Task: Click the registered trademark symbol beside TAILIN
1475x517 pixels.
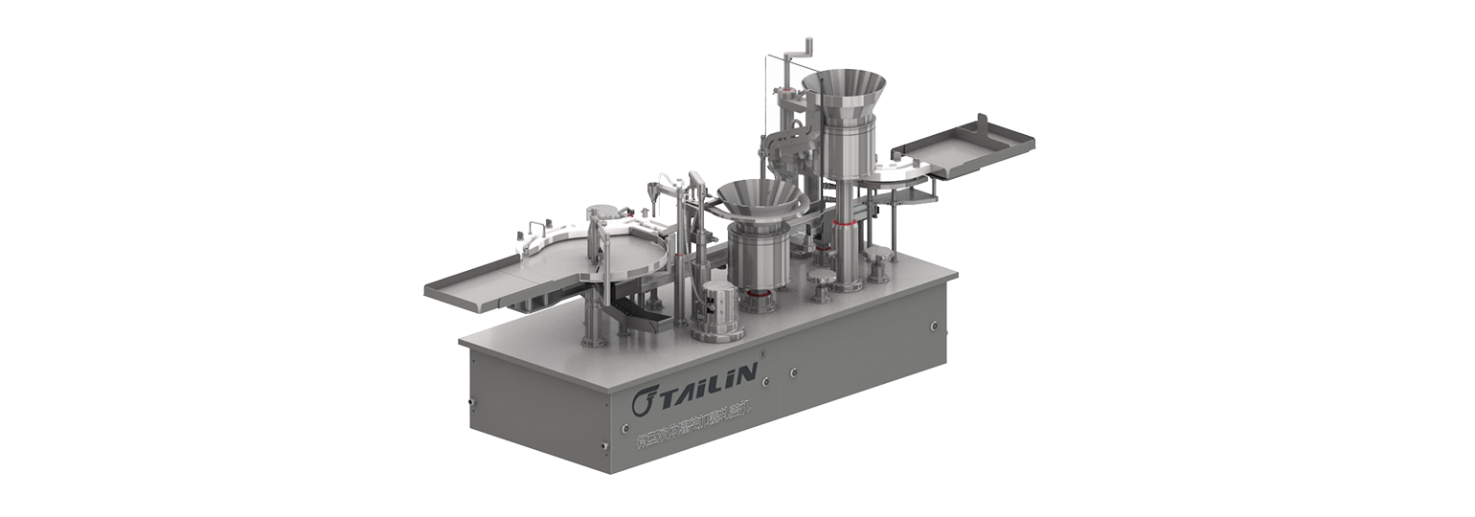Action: pos(763,355)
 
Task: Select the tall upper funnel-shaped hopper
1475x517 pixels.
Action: pos(843,92)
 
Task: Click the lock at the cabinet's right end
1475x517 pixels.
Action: pos(934,326)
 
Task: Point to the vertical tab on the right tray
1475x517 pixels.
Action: pos(980,124)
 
